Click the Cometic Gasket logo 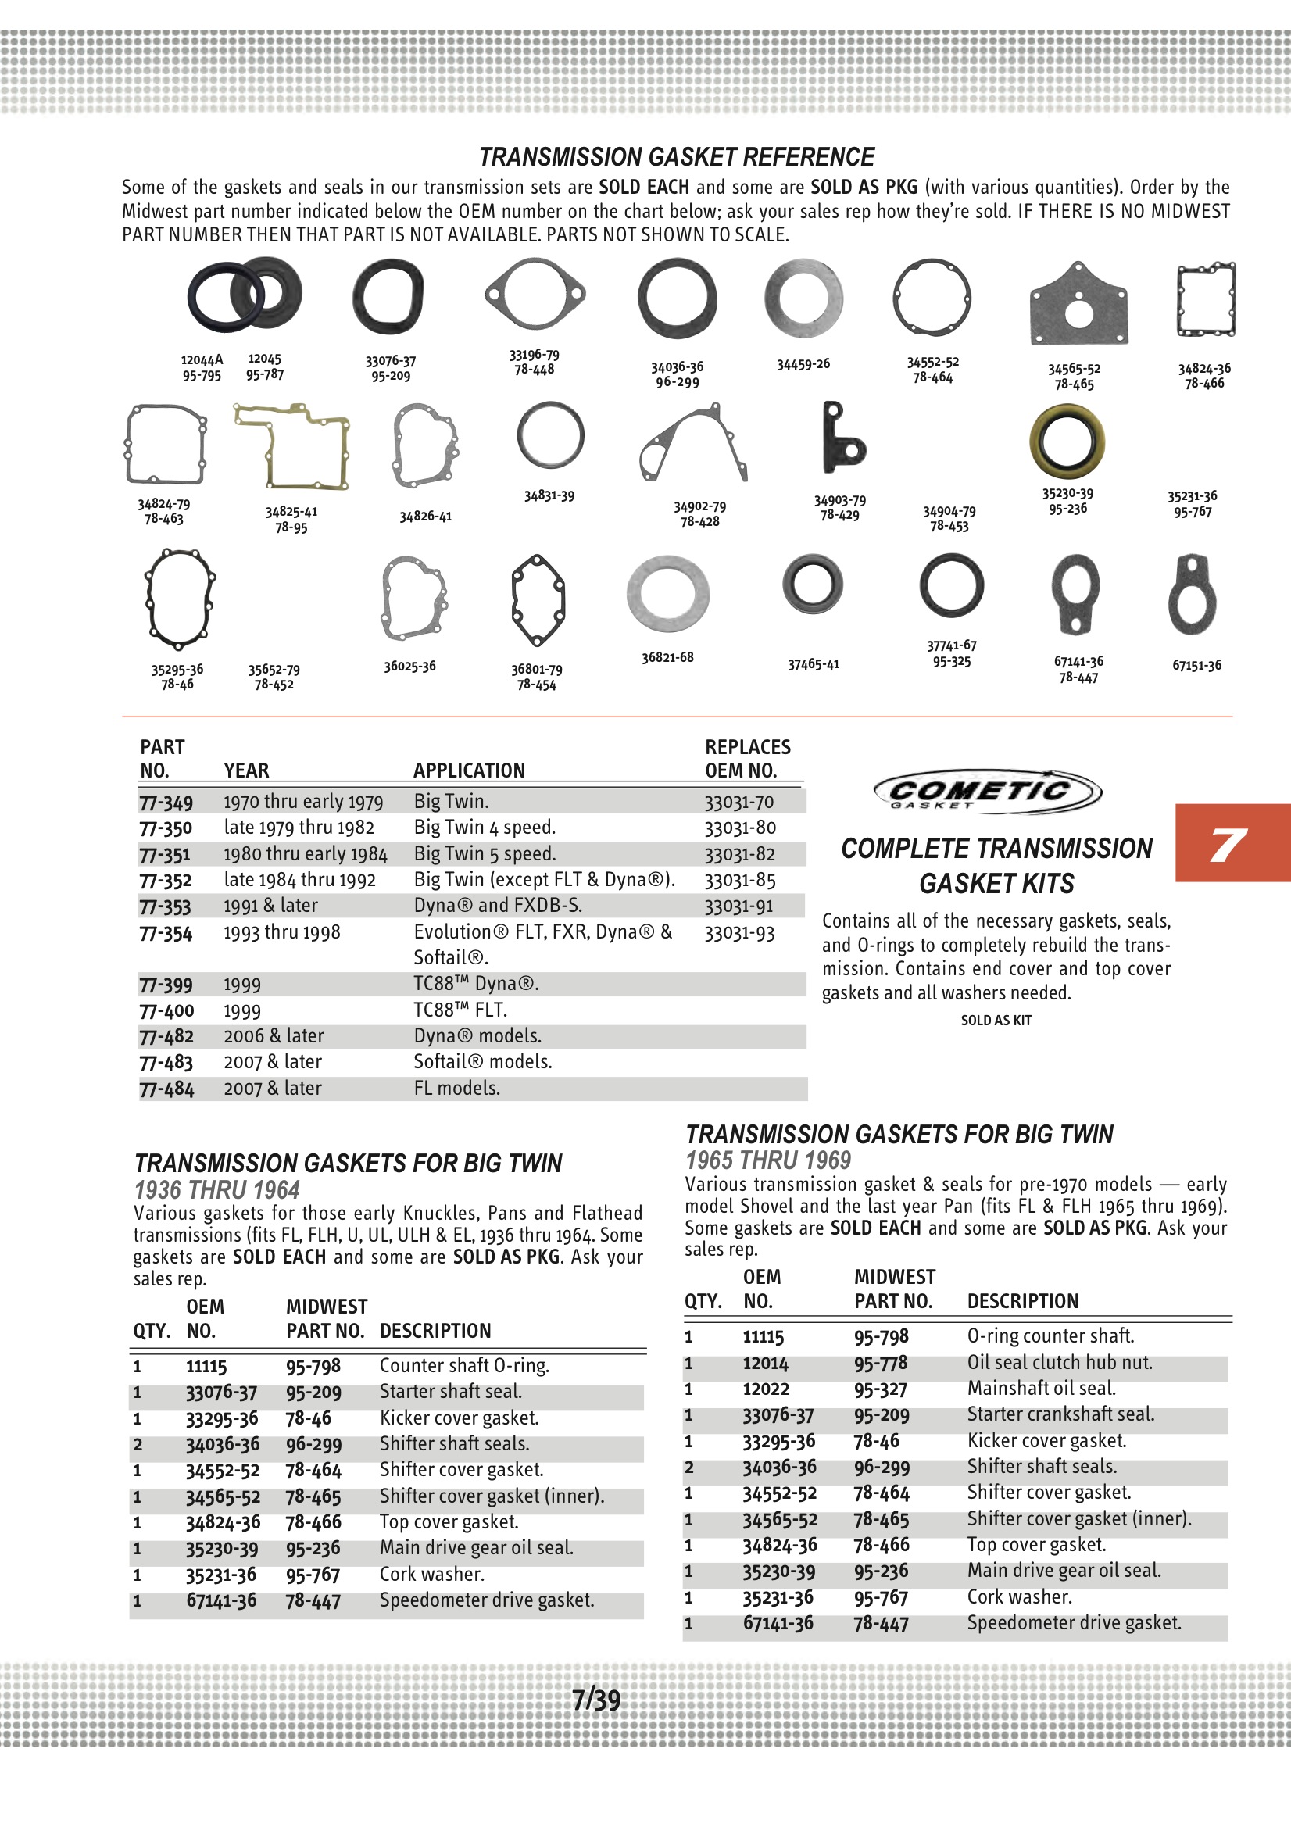click(x=987, y=791)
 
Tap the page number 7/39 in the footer click(x=596, y=1700)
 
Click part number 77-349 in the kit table click(x=166, y=802)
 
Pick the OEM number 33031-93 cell click(x=738, y=932)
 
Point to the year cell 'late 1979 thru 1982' click(x=299, y=828)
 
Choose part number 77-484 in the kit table click(x=166, y=1089)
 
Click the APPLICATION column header click(x=469, y=770)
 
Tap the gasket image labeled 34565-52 click(x=1078, y=304)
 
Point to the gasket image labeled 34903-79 click(x=842, y=438)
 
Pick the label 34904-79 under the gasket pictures click(x=949, y=518)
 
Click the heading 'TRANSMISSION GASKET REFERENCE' click(x=677, y=157)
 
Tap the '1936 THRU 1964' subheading click(x=216, y=1190)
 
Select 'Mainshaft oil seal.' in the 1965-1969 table click(x=1041, y=1389)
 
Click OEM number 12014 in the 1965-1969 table click(x=765, y=1363)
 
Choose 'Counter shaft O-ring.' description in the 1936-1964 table click(x=464, y=1365)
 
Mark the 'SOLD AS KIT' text click(x=996, y=1020)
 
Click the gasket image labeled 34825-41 click(x=291, y=446)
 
